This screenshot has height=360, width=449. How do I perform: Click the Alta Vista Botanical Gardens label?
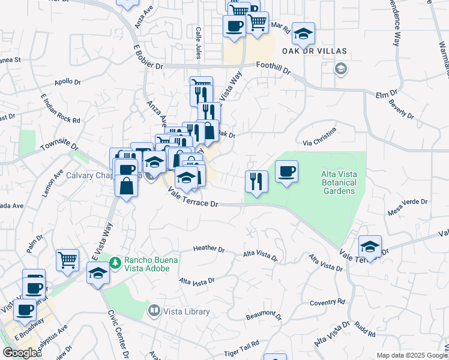coord(337,182)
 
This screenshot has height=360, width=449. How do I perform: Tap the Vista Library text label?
coord(187,311)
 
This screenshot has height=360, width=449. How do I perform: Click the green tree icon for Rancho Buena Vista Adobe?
coord(116,261)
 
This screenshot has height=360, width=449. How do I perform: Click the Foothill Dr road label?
coord(273,67)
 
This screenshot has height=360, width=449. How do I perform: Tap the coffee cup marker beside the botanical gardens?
coord(286,172)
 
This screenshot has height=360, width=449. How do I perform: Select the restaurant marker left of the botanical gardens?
coord(256,181)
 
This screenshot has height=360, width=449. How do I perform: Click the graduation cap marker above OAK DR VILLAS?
coord(304,33)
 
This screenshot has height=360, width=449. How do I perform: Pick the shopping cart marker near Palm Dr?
coord(67,260)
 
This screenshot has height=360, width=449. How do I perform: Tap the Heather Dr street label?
coord(208,249)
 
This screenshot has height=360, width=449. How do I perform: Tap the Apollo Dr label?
coord(67,82)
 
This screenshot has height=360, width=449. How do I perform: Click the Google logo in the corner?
coord(19,353)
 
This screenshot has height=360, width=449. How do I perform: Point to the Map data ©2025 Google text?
coord(411,355)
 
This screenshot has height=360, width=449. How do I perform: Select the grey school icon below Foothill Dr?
coord(341,69)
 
